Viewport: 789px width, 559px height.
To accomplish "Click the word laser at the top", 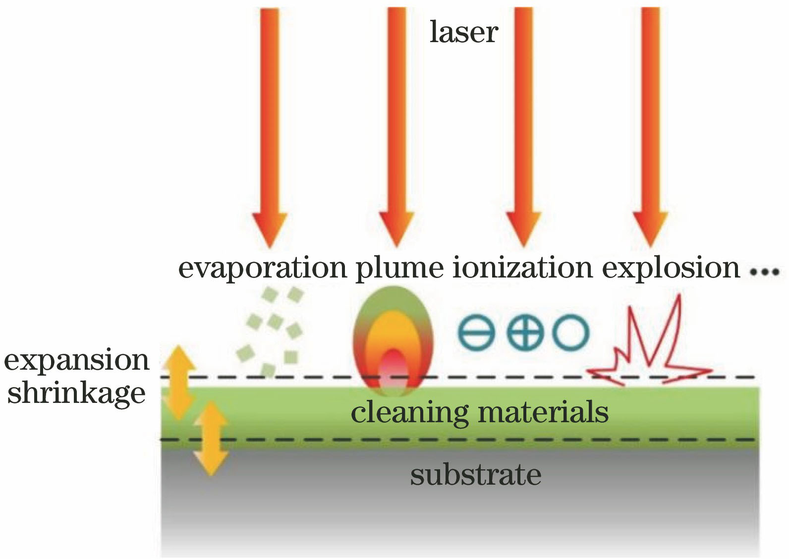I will (463, 32).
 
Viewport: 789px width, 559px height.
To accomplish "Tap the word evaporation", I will (262, 268).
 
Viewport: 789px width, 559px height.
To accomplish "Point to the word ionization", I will (522, 268).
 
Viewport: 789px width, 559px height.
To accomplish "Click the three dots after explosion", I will (765, 272).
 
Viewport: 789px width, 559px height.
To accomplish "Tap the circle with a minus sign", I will (476, 332).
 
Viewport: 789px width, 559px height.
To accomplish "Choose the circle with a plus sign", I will (524, 332).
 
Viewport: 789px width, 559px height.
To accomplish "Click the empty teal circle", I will (571, 332).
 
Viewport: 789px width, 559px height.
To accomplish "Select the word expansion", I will (76, 361).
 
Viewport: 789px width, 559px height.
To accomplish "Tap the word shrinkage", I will (76, 393).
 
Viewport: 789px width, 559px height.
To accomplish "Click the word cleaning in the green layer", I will (409, 413).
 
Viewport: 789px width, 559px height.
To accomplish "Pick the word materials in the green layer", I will (543, 412).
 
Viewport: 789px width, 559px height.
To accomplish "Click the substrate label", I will (475, 475).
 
